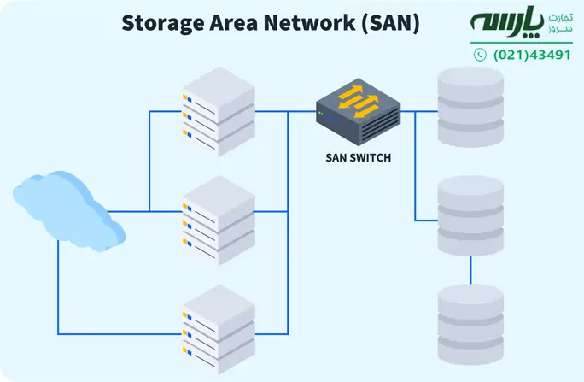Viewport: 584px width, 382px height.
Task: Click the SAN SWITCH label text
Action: click(x=358, y=157)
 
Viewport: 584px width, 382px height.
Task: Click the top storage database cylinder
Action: click(x=470, y=106)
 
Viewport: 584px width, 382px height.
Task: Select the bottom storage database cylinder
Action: click(x=470, y=325)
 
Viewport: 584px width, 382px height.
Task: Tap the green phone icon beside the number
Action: click(x=480, y=55)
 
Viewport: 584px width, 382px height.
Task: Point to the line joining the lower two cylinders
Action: click(x=470, y=271)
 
